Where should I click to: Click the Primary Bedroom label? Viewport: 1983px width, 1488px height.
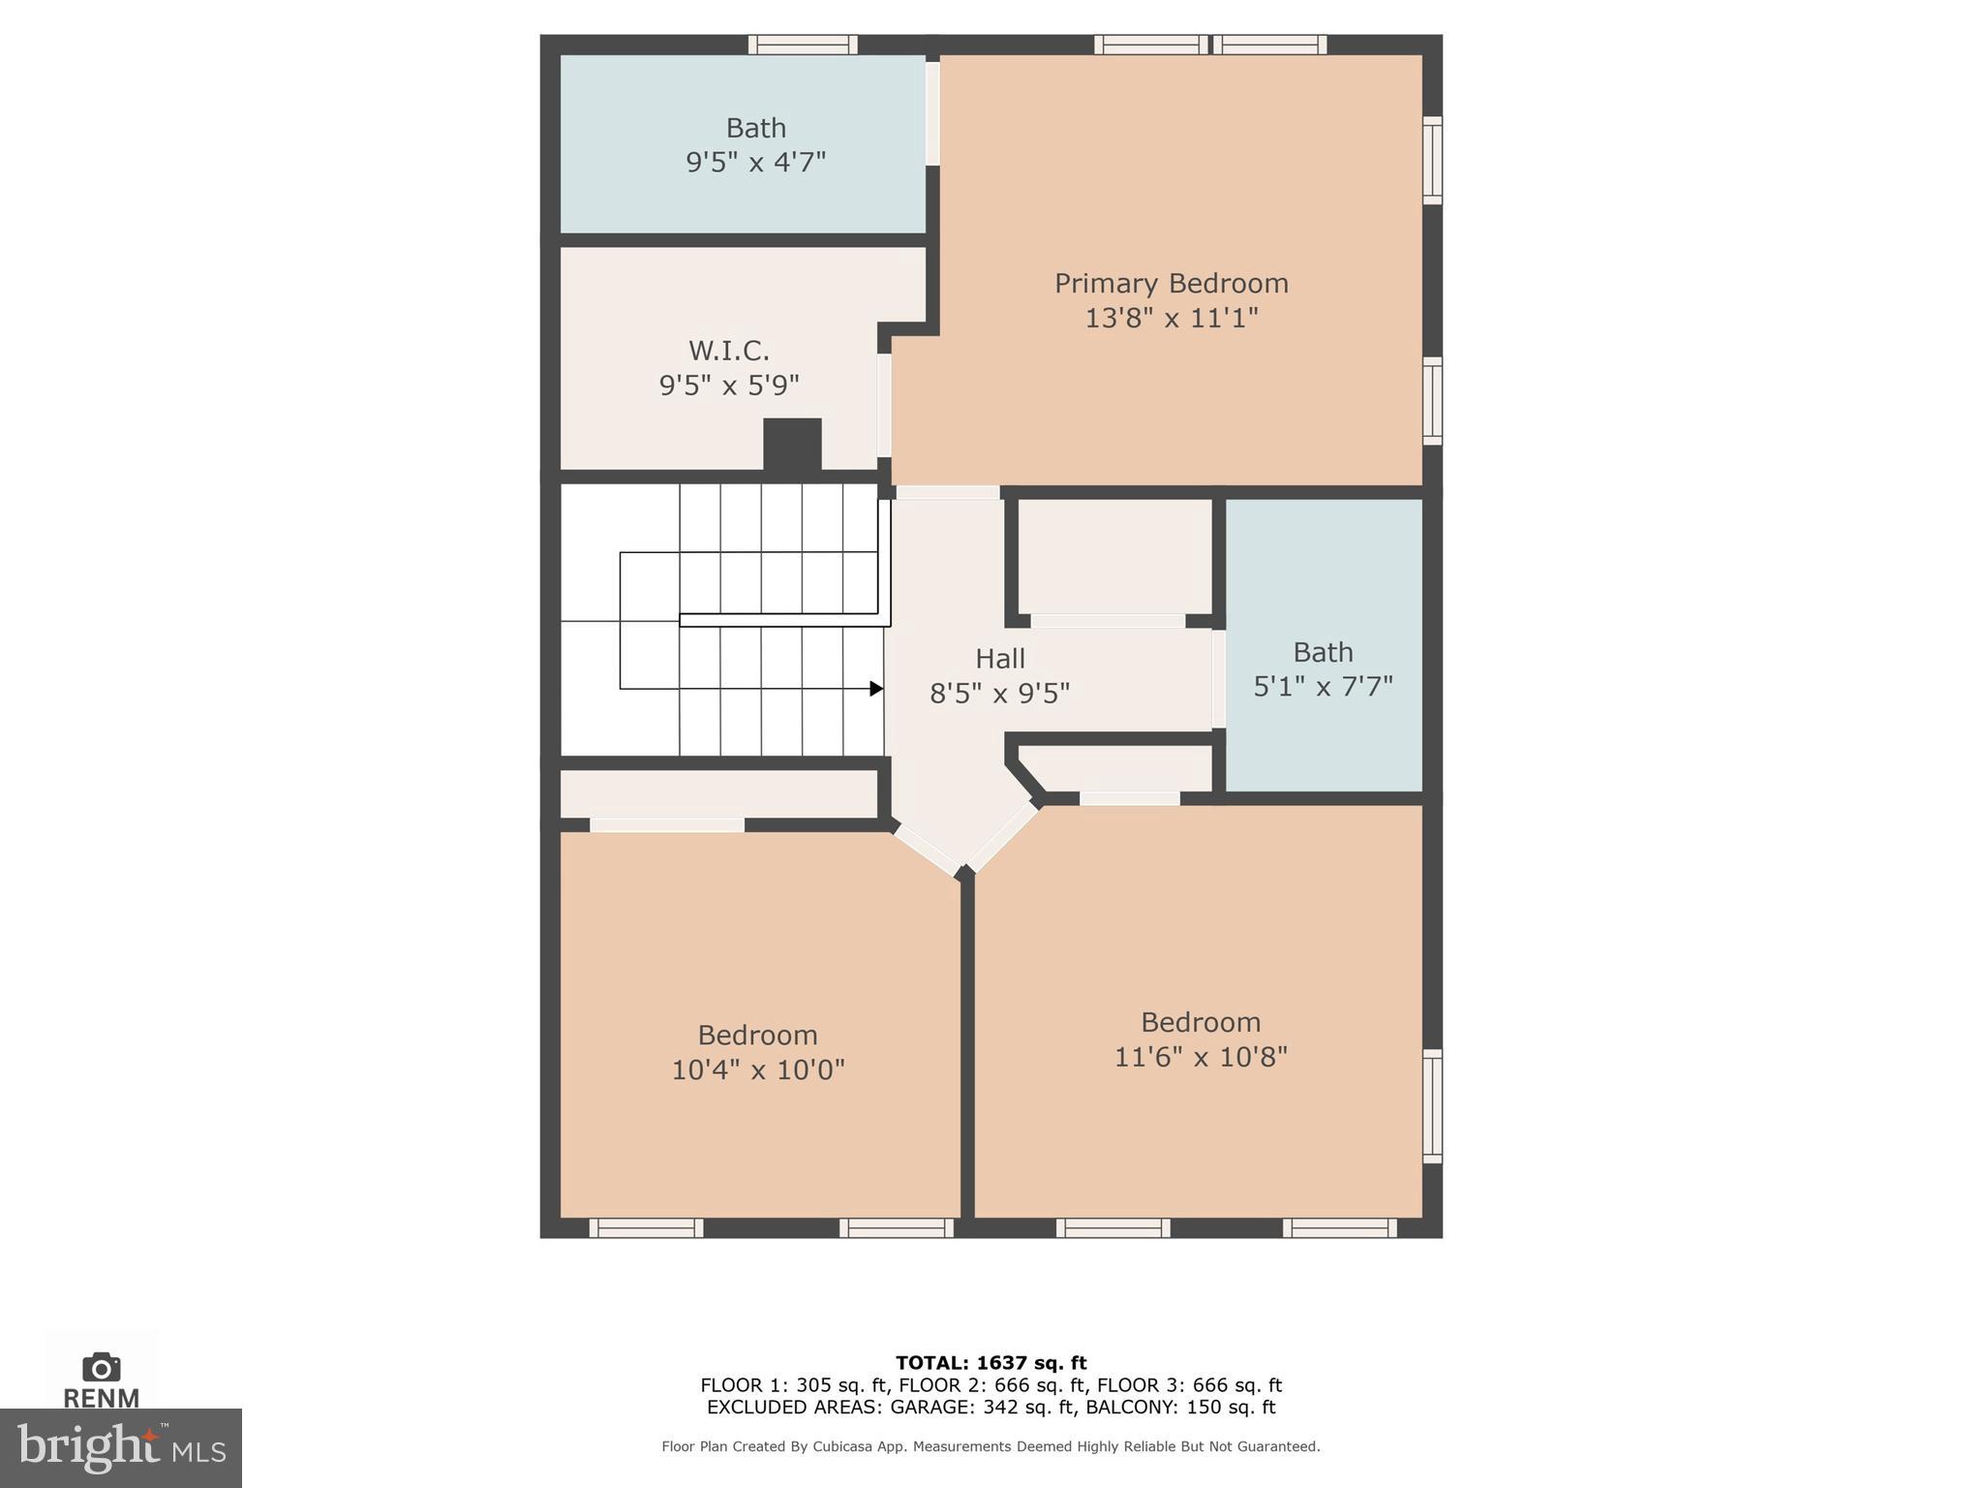[x=1171, y=284]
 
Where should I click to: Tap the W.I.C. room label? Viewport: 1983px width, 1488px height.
[x=728, y=351]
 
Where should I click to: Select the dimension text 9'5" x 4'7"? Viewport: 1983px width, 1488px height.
[x=755, y=162]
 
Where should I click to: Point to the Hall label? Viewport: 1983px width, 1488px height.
[x=999, y=660]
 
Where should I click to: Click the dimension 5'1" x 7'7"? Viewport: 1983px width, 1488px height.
[x=1323, y=687]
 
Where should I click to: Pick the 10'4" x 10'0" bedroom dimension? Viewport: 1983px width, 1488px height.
[x=757, y=1069]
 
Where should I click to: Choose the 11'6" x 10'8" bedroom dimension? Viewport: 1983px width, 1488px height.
[x=1200, y=1057]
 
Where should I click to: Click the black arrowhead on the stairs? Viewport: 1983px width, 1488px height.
[x=876, y=689]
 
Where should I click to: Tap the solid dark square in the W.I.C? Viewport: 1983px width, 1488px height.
[x=792, y=445]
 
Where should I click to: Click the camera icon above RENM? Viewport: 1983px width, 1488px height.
[x=101, y=1367]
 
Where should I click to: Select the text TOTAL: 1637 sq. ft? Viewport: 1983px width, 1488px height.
[x=991, y=1363]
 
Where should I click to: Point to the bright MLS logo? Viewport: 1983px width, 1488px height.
[x=120, y=1448]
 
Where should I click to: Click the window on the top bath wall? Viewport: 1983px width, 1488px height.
[x=803, y=45]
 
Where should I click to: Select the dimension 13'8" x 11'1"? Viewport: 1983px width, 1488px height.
[x=1171, y=319]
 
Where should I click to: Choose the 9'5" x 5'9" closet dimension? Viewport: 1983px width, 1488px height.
[x=728, y=386]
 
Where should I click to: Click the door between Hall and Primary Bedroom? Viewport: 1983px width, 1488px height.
[x=947, y=493]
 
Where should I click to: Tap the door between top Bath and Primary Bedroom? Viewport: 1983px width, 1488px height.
[x=932, y=113]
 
